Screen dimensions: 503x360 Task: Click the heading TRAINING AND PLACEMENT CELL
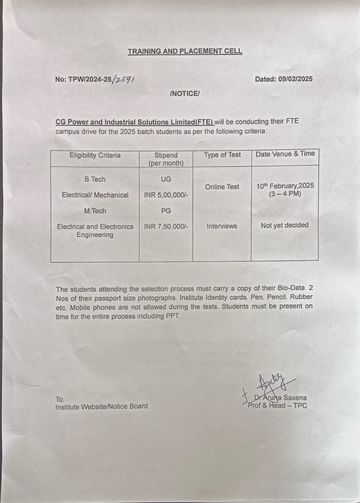185,51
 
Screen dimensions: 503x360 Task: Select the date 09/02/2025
295,79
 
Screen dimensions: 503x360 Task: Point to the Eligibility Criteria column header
95,155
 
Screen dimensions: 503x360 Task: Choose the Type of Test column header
222,155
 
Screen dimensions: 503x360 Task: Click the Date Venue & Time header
285,154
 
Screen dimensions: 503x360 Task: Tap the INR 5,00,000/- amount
166,195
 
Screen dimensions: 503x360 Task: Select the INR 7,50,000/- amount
166,226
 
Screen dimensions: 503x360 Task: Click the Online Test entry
222,187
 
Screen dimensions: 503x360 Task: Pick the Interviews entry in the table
222,226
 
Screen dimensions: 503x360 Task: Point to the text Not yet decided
285,225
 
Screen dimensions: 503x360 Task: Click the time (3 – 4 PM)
285,194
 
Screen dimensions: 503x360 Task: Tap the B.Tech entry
95,179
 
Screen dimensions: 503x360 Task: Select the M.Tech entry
95,211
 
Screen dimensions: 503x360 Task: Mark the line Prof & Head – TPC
278,406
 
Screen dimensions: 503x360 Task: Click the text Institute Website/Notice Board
102,406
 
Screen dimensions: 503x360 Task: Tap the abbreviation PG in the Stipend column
166,211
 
